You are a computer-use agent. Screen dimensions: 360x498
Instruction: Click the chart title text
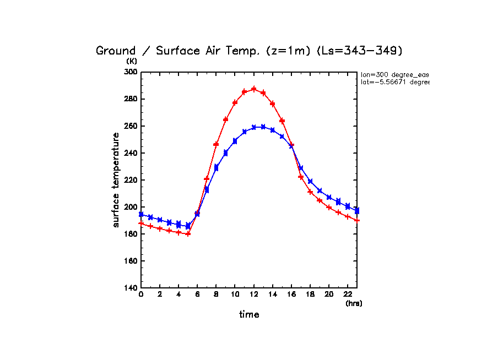(x=250, y=51)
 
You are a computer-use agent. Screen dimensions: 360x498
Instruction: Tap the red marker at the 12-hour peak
(x=254, y=89)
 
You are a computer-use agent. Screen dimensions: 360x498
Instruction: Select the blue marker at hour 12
(x=254, y=127)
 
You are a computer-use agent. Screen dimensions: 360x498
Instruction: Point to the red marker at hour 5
(x=188, y=233)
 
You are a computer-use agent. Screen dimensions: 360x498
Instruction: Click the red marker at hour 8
(x=216, y=144)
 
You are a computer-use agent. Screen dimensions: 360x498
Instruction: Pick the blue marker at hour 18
(x=310, y=181)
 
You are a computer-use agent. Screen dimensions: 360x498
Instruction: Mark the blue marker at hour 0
(x=141, y=214)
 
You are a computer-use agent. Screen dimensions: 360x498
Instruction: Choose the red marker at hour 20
(x=329, y=208)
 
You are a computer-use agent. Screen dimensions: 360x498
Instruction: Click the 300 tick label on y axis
(x=131, y=72)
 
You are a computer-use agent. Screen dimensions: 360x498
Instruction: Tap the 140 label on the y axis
(x=131, y=288)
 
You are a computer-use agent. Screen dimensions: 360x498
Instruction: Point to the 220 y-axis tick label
(x=131, y=180)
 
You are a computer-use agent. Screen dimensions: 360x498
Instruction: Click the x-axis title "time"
(x=249, y=315)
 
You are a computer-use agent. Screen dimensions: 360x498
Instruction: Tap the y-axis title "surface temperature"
(x=116, y=179)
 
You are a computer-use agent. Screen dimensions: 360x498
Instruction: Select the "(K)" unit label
(x=132, y=62)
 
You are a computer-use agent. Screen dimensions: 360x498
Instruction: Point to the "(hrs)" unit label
(x=354, y=303)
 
